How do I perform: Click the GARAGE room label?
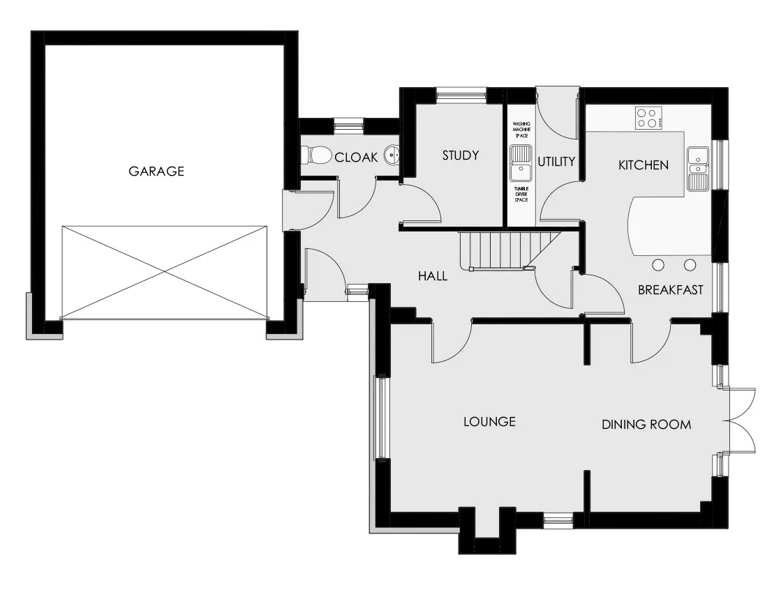[x=156, y=171]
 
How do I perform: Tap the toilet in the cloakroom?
[x=317, y=156]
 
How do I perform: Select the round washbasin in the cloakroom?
[x=392, y=156]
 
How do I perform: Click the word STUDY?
[x=461, y=156]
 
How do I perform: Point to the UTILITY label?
[x=556, y=161]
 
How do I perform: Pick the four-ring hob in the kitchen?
[x=648, y=119]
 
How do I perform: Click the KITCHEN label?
[x=644, y=165]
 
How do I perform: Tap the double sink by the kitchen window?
[x=699, y=169]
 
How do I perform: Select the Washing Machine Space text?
[x=521, y=129]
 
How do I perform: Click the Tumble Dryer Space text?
[x=521, y=194]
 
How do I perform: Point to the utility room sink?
[x=521, y=163]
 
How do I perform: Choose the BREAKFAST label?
[x=671, y=289]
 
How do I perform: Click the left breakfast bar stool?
[x=658, y=265]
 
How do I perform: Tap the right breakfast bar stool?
[x=690, y=265]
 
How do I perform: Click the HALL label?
[x=432, y=276]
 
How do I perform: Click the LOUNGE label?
[x=490, y=422]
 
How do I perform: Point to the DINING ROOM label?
[x=646, y=425]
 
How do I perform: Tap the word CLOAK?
[x=356, y=157]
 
